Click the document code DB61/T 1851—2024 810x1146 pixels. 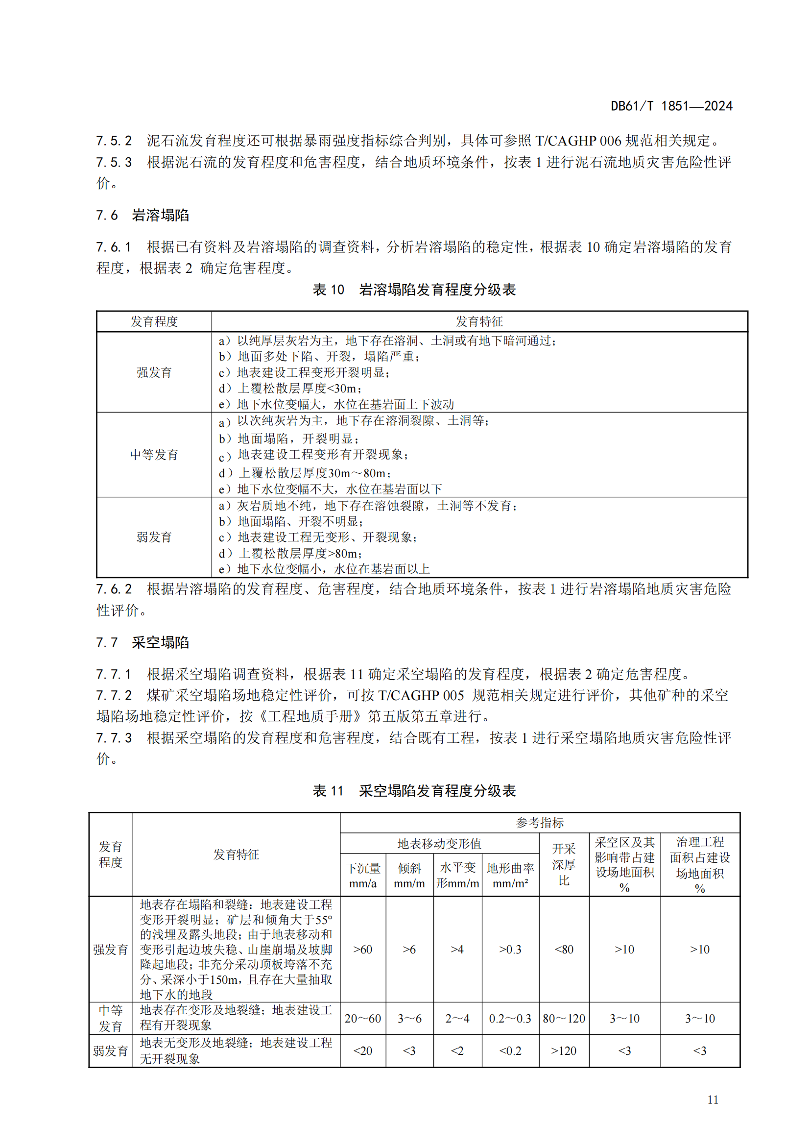pos(671,106)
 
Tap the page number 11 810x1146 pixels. pos(713,1099)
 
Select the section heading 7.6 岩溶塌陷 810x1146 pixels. pos(143,215)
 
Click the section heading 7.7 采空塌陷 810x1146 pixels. pos(143,642)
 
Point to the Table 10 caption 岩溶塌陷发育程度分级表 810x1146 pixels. pos(414,290)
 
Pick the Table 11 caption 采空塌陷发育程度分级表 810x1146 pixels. pos(414,791)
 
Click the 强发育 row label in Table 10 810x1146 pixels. pos(154,372)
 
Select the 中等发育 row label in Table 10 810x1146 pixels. pos(154,455)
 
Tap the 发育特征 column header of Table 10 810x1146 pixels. pos(479,321)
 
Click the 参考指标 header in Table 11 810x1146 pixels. pos(540,823)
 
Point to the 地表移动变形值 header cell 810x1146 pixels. pos(439,844)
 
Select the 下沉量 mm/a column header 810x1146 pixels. pos(363,876)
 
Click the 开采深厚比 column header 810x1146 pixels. pos(564,864)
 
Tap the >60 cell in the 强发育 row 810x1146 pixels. pos(362,950)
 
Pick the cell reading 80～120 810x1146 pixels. pos(564,1018)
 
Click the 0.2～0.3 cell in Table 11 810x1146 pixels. pos(510,1018)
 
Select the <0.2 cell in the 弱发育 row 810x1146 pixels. pos(510,1050)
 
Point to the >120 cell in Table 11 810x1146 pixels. pos(564,1050)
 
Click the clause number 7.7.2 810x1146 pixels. pos(114,695)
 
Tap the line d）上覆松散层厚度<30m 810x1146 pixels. pos(290,389)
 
